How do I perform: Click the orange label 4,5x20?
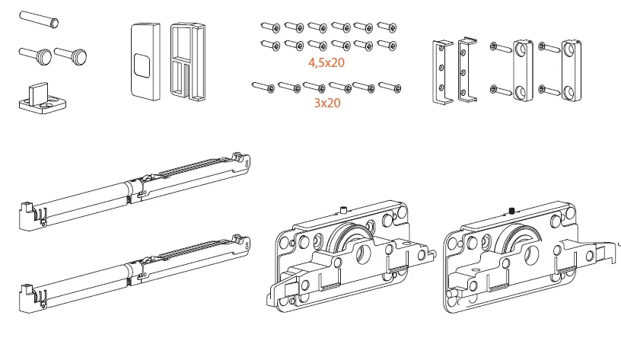coord(326,63)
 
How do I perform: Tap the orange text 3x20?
coord(326,103)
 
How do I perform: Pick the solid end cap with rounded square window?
coord(143,60)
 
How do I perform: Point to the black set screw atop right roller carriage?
coord(512,209)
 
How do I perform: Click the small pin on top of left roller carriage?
coord(344,208)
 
